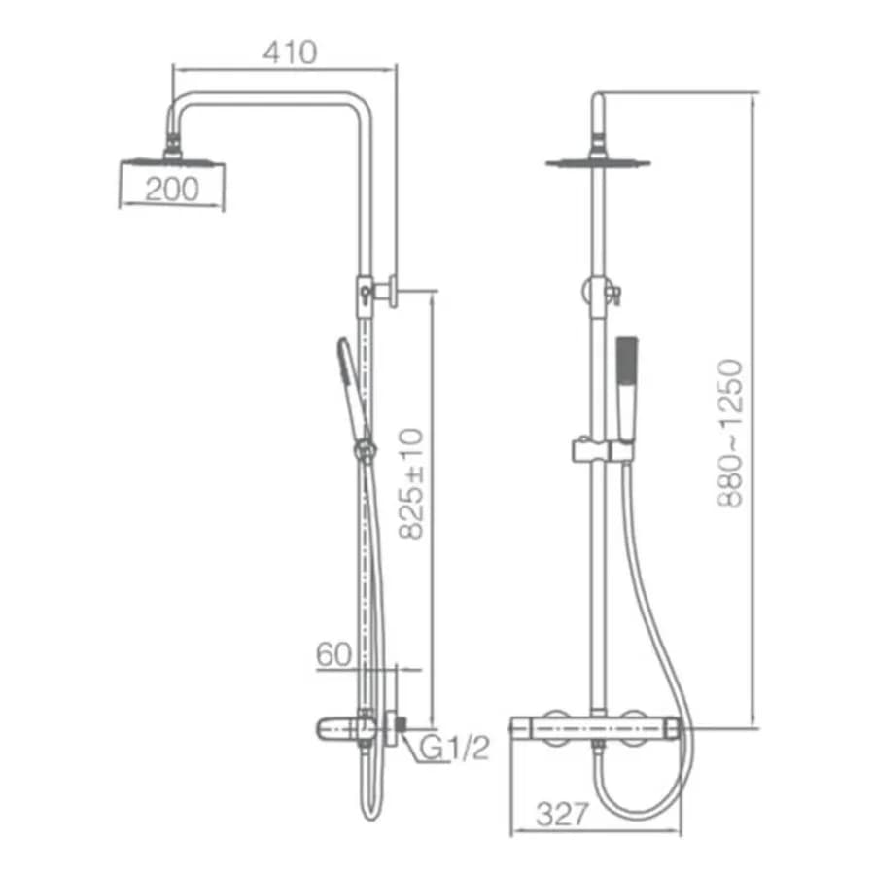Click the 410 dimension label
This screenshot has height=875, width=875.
point(290,52)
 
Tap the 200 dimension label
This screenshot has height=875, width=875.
point(172,190)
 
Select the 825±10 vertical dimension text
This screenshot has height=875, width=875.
point(412,483)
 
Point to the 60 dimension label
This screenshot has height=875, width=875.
point(333,654)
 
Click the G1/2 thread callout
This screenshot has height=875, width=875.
point(454,748)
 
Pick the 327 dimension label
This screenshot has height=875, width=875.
point(563,814)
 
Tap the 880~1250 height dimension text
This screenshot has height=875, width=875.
point(730,433)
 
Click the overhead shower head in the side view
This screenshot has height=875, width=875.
point(172,160)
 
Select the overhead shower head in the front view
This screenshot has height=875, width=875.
point(598,161)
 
